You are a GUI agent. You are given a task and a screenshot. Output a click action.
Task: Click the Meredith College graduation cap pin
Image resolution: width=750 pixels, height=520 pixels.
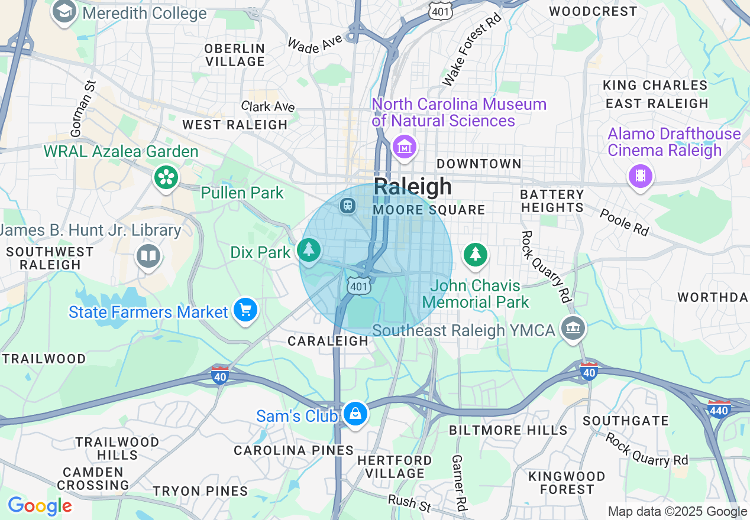click(x=64, y=12)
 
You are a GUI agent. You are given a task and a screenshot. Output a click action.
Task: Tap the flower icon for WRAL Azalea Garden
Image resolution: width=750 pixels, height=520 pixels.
click(x=166, y=177)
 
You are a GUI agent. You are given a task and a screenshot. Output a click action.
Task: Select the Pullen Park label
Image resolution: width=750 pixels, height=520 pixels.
click(x=242, y=193)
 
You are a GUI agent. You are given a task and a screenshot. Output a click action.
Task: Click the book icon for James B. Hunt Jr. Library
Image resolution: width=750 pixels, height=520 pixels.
click(x=148, y=256)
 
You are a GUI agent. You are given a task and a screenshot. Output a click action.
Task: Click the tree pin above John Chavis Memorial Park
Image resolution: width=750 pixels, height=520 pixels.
click(x=476, y=254)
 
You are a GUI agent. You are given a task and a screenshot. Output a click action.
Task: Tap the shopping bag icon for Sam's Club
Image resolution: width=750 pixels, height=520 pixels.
click(x=355, y=414)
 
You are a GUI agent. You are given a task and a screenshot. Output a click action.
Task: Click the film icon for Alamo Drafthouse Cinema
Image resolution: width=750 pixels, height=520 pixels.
click(x=640, y=175)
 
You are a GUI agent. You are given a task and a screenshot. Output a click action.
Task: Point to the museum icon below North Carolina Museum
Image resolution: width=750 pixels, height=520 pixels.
click(x=405, y=147)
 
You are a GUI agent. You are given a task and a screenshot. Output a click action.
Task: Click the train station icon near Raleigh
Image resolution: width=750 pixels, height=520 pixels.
click(x=347, y=206)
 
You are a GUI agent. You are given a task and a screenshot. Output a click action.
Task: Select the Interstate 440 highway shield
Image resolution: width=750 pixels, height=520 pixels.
click(x=719, y=408)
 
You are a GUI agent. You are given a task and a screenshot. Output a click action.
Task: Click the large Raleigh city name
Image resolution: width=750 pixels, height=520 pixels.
click(x=413, y=187)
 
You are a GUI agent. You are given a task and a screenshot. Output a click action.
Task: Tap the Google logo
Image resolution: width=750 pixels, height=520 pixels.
click(x=40, y=506)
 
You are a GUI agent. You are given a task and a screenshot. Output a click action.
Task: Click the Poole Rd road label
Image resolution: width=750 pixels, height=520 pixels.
click(x=624, y=222)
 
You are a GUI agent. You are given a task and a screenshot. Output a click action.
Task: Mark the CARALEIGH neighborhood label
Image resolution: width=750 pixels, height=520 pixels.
click(x=328, y=342)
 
